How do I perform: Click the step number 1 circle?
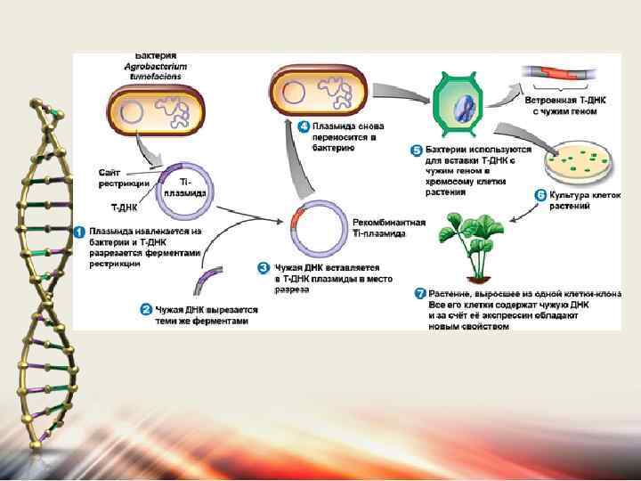pyautogui.click(x=79, y=231)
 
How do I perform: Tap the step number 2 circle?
pyautogui.click(x=146, y=310)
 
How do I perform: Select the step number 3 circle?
pyautogui.click(x=264, y=266)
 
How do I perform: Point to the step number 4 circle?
pyautogui.click(x=303, y=127)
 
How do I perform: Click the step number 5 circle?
pyautogui.click(x=416, y=151)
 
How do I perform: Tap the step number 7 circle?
pyautogui.click(x=420, y=294)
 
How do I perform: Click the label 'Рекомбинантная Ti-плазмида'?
pyautogui.click(x=389, y=228)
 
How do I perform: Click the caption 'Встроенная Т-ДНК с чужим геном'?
pyautogui.click(x=573, y=106)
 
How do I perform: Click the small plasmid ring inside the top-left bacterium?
pyautogui.click(x=132, y=112)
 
